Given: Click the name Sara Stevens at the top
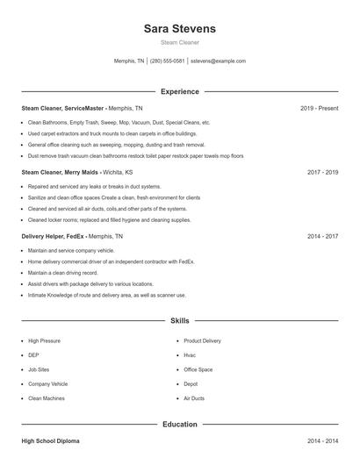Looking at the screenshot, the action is point(179,28).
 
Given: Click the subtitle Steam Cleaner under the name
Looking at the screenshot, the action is point(179,42).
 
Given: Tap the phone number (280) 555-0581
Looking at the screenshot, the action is point(167,61).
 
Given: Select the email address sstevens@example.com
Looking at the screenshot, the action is point(218,61).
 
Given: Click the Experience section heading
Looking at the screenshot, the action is point(179,91).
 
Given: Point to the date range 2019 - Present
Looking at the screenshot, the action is point(319,108).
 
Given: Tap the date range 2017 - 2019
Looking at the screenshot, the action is point(322,172).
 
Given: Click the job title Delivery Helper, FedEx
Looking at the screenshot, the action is point(54,236).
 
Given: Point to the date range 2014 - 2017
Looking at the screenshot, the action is point(322,236).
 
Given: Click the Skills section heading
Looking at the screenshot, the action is point(179,321).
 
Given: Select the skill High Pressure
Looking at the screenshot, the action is point(44,340).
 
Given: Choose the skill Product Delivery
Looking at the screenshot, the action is point(202,340).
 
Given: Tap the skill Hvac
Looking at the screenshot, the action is point(190,355).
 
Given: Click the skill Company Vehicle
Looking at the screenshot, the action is point(47,384).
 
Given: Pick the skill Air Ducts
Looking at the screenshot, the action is point(194,398).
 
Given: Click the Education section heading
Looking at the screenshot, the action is point(179,425).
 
